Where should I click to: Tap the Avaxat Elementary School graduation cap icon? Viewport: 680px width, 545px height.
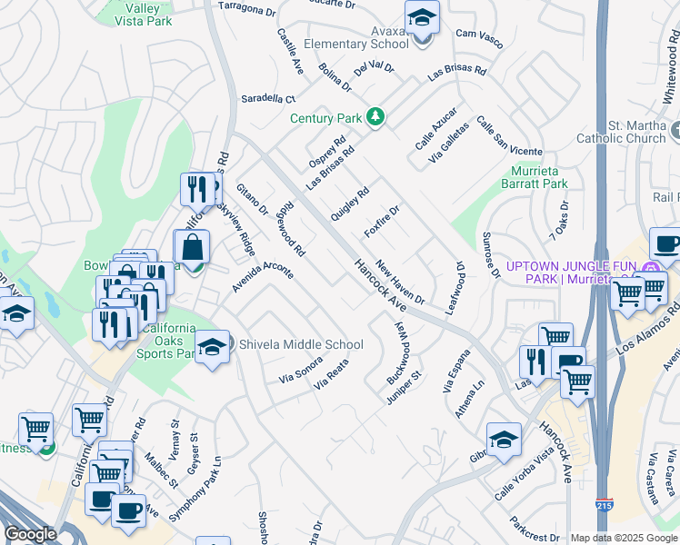click(x=422, y=18)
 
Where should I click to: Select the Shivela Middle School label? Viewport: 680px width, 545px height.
click(x=300, y=344)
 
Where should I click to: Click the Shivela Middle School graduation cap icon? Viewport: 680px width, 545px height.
click(x=213, y=347)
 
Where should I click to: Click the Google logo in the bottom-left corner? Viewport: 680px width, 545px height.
click(x=30, y=533)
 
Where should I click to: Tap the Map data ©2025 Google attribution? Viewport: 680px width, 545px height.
click(x=624, y=538)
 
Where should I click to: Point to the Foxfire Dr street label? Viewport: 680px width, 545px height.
click(x=382, y=221)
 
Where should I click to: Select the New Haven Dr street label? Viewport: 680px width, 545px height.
click(x=400, y=282)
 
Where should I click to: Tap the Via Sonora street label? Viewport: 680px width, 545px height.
click(x=300, y=368)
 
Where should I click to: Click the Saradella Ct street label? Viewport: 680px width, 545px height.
click(x=267, y=98)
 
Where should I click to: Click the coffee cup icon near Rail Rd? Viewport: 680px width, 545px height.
click(x=665, y=243)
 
